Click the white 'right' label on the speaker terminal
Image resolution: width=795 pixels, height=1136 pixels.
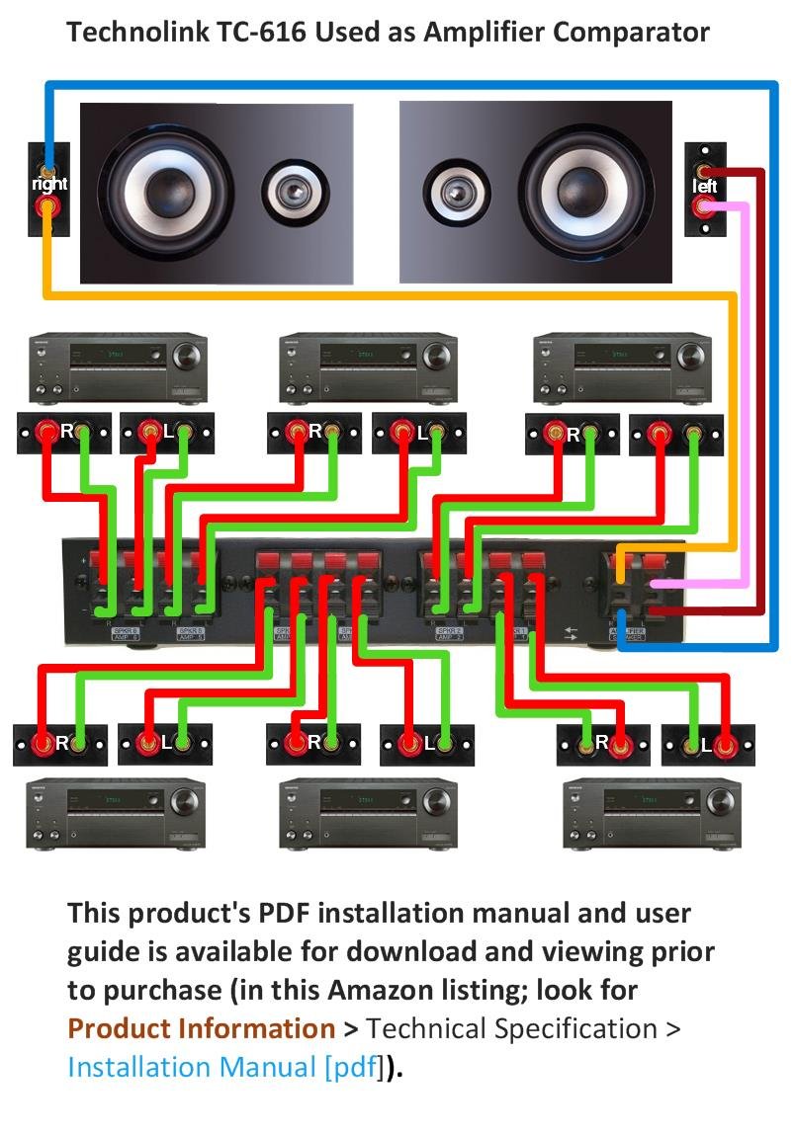coord(48,184)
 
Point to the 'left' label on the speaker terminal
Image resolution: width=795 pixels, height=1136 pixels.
coord(704,186)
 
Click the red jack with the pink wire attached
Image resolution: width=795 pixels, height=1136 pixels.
coord(704,207)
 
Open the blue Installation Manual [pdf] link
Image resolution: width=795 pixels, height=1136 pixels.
coord(223,1068)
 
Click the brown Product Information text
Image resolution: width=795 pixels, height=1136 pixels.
coord(201,1029)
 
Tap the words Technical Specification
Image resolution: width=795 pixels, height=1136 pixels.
coord(511,1029)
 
